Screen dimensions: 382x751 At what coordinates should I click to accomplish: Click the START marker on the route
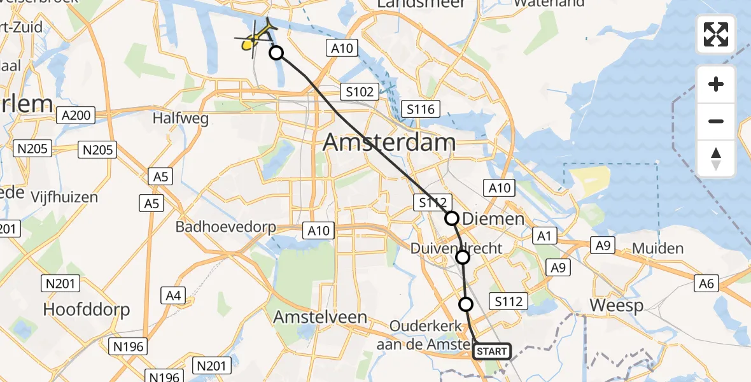coord(492,351)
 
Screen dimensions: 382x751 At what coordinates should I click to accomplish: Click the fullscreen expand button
coord(716,34)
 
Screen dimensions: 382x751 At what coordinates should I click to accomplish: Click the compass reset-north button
coord(716,159)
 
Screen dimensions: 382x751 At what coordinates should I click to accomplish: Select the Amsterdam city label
coord(389,142)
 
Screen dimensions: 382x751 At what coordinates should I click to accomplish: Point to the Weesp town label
coord(616,305)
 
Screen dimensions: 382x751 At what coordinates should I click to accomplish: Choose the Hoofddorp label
coord(87,310)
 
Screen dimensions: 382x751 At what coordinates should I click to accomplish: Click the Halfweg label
coord(178,118)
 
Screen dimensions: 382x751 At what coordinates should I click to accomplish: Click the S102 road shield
coord(360,92)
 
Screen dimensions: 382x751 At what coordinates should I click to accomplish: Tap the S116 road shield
coord(421,110)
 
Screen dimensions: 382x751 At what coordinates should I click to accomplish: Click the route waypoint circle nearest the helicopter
coord(276,53)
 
